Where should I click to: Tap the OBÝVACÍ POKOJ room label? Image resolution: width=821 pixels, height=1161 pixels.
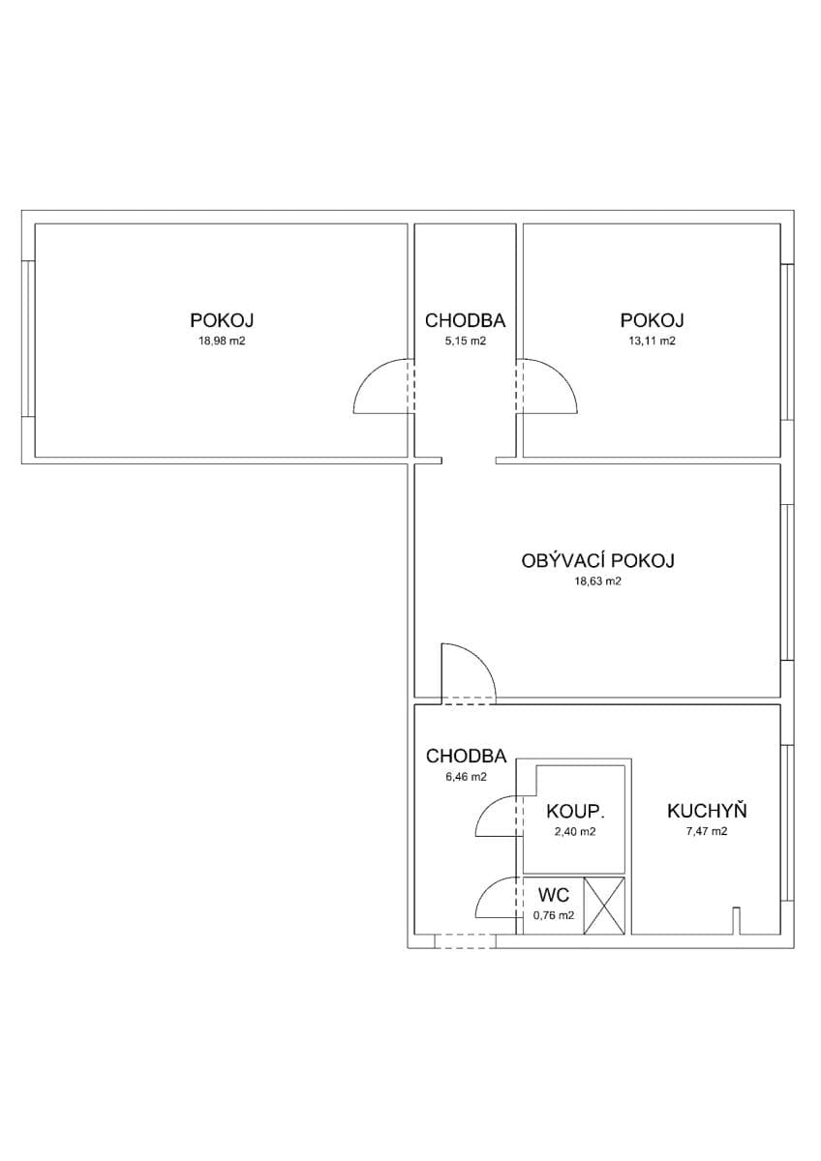point(597,560)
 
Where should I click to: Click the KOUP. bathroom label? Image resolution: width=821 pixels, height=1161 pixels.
point(569,811)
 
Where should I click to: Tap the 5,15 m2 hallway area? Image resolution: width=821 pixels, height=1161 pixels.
point(465,341)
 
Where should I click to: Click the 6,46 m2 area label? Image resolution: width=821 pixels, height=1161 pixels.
point(465,776)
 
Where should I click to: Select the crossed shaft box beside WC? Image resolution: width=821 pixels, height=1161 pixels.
point(605,906)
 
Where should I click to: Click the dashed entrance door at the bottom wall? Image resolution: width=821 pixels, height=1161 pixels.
point(465,940)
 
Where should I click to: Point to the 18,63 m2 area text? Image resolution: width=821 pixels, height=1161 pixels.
point(597,581)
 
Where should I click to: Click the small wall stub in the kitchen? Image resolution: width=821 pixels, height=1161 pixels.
point(736,919)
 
